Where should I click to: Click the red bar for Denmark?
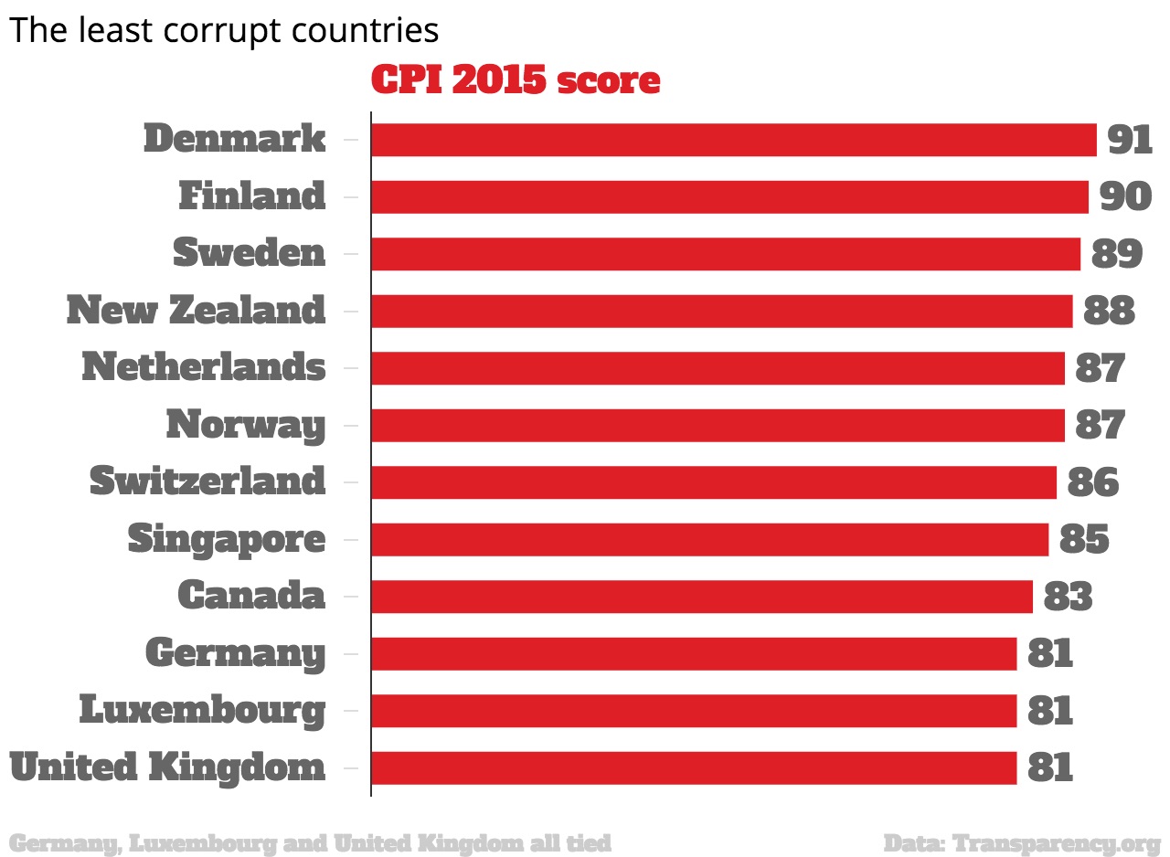pyautogui.click(x=733, y=140)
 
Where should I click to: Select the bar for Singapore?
pyautogui.click(x=709, y=540)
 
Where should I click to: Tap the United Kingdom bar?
pyautogui.click(x=694, y=768)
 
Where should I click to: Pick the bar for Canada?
pyautogui.click(x=701, y=597)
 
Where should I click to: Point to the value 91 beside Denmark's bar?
pyautogui.click(x=1130, y=140)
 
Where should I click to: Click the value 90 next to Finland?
pyautogui.click(x=1125, y=196)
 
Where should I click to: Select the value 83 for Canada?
pyautogui.click(x=1068, y=597)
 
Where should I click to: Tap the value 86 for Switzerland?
pyautogui.click(x=1092, y=482)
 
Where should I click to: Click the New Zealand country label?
pyautogui.click(x=196, y=311)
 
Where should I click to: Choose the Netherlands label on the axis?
pyautogui.click(x=203, y=367)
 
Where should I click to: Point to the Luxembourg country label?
pyautogui.click(x=202, y=711)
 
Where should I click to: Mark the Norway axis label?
pyautogui.click(x=245, y=426)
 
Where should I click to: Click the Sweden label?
pyautogui.click(x=249, y=253)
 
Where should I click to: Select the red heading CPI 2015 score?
pyautogui.click(x=516, y=80)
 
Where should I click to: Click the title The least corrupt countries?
pyautogui.click(x=224, y=31)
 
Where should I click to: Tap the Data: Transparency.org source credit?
pyautogui.click(x=1021, y=842)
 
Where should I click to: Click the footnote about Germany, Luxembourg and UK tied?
pyautogui.click(x=310, y=842)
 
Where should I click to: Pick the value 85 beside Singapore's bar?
pyautogui.click(x=1084, y=540)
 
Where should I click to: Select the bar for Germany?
pyautogui.click(x=694, y=654)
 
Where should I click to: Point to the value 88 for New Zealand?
pyautogui.click(x=1109, y=311)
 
